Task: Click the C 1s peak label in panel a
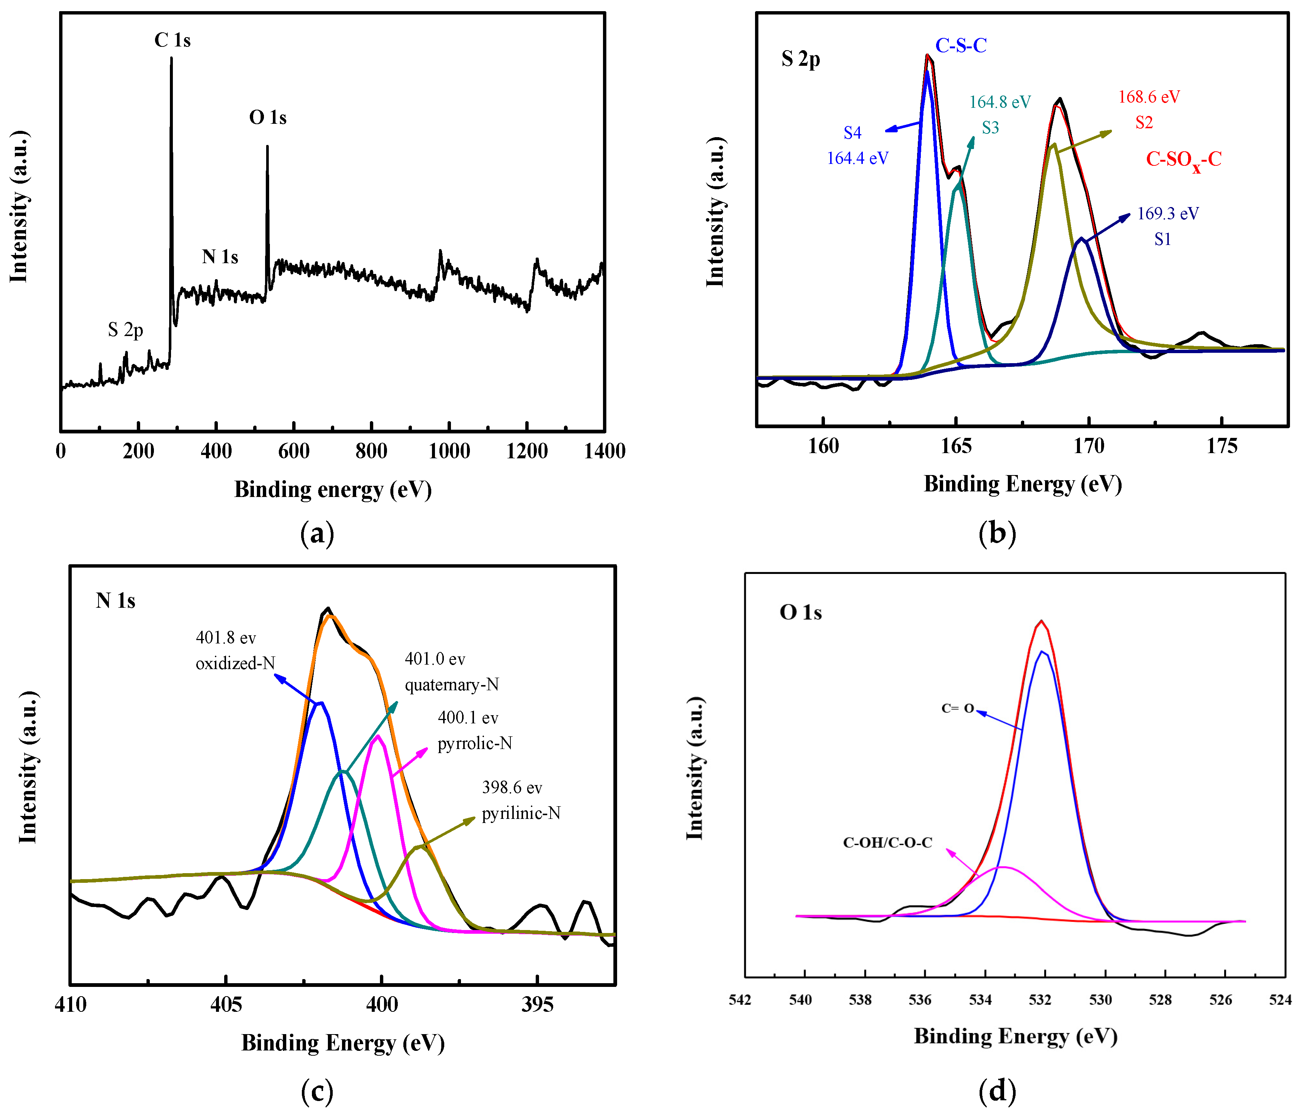tap(172, 40)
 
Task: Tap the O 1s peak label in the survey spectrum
tap(268, 117)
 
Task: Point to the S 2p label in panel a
tap(126, 330)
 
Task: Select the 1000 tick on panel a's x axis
tap(449, 451)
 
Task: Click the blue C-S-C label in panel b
tap(961, 45)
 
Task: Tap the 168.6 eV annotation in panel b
tap(1149, 97)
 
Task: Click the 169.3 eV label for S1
tap(1168, 214)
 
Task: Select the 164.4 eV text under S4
tap(857, 158)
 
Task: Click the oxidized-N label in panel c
tap(235, 664)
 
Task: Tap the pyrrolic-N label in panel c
tap(475, 743)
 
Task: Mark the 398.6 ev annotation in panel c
tap(512, 787)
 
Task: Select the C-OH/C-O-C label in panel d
tap(887, 843)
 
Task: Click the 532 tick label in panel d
tap(1040, 1000)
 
